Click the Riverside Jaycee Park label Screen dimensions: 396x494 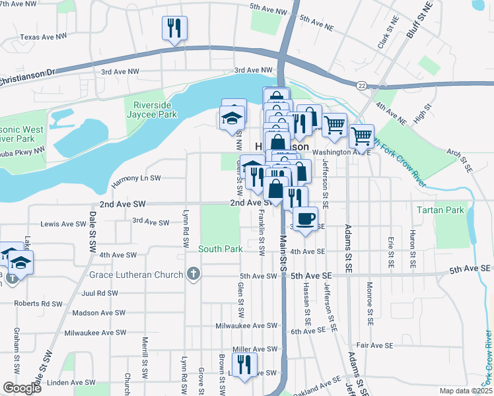pos(156,110)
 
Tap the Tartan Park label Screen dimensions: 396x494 pos(441,211)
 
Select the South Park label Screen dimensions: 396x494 pos(221,249)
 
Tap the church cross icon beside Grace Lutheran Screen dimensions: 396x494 pos(193,273)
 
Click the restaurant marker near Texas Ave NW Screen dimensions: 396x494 pos(174,28)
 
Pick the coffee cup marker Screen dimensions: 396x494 pos(304,219)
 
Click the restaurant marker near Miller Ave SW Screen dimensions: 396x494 pos(244,364)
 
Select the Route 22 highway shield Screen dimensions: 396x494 pos(361,85)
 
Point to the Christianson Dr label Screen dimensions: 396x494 pos(26,77)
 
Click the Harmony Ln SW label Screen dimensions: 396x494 pos(136,178)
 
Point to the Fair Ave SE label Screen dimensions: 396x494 pos(374,345)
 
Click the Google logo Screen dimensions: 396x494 pos(22,388)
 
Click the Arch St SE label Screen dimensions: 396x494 pos(460,160)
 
